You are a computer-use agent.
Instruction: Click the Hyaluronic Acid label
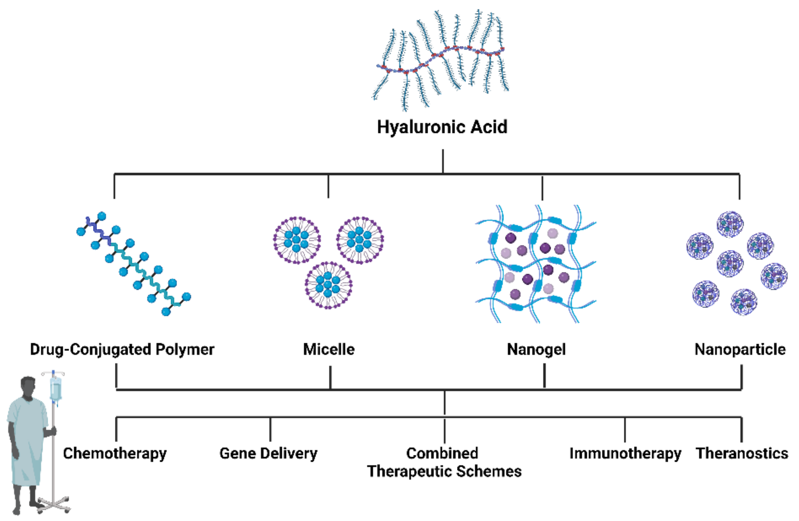tap(442, 127)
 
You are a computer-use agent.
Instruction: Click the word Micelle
tap(329, 349)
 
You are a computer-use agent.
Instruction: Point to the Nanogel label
tap(536, 349)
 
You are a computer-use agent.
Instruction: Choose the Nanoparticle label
tap(740, 349)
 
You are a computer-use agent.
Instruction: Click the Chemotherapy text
tap(115, 454)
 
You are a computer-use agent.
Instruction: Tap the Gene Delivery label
tap(268, 454)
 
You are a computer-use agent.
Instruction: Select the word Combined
tap(442, 453)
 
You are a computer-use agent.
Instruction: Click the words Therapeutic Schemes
tap(444, 471)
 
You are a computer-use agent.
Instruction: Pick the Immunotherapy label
tap(625, 454)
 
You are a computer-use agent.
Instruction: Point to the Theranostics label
tap(742, 454)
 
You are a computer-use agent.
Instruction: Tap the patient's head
tap(28, 386)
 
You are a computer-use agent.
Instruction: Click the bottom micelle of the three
tap(328, 285)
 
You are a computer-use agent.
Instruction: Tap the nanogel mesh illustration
tap(535, 264)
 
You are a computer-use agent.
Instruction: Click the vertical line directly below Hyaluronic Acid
tap(443, 161)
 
